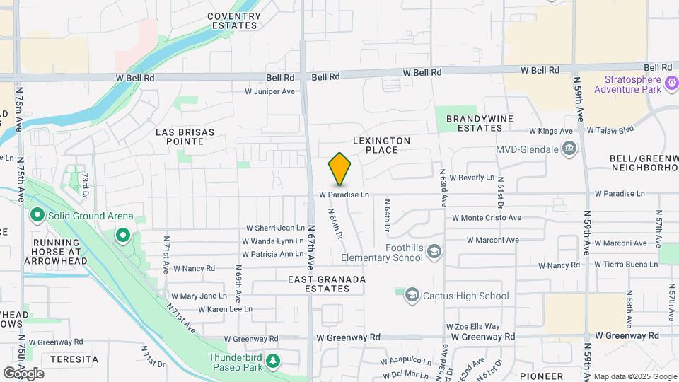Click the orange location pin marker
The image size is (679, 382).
(x=339, y=170)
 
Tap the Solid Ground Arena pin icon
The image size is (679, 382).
(x=37, y=216)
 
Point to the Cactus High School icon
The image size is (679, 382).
(x=412, y=296)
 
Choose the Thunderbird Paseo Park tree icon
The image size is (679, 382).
(x=272, y=362)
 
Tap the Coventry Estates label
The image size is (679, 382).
(x=233, y=21)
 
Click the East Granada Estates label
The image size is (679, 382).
(x=327, y=284)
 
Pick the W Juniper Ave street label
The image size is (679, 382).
(x=269, y=91)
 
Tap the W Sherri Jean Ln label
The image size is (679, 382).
(x=274, y=228)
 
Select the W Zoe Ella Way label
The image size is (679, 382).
(x=472, y=326)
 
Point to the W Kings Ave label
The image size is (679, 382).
(x=551, y=131)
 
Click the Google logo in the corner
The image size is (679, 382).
(x=23, y=373)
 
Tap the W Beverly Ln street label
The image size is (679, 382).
(x=471, y=178)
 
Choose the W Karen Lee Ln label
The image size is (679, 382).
(x=225, y=309)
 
